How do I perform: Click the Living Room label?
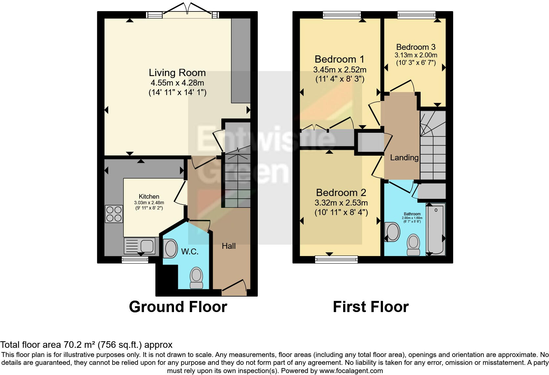(177, 73)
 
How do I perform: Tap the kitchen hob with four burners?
(114, 214)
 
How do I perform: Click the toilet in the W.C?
(196, 277)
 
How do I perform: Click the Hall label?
(229, 246)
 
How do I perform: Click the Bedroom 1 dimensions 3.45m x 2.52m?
(340, 70)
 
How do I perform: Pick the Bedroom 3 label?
(416, 47)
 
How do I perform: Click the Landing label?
(404, 158)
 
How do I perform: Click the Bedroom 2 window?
(336, 260)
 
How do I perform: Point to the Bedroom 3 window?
(416, 15)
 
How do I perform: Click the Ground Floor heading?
(178, 307)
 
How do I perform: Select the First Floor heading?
(371, 307)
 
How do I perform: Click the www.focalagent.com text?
(351, 371)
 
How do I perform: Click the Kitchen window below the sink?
(135, 260)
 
